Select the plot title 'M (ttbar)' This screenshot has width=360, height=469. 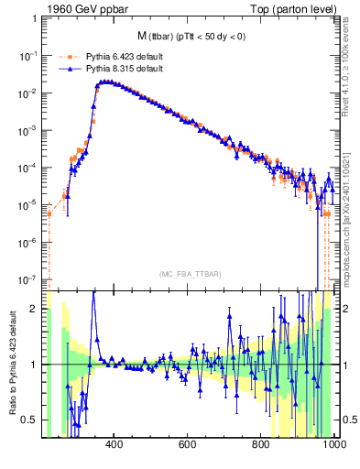pos(163,37)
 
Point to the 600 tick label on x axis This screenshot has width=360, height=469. pos(188,446)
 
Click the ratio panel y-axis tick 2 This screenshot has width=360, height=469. pos(34,309)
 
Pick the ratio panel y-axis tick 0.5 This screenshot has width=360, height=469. pos(30,420)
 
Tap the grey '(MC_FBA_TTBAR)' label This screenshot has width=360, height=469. pos(189,273)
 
